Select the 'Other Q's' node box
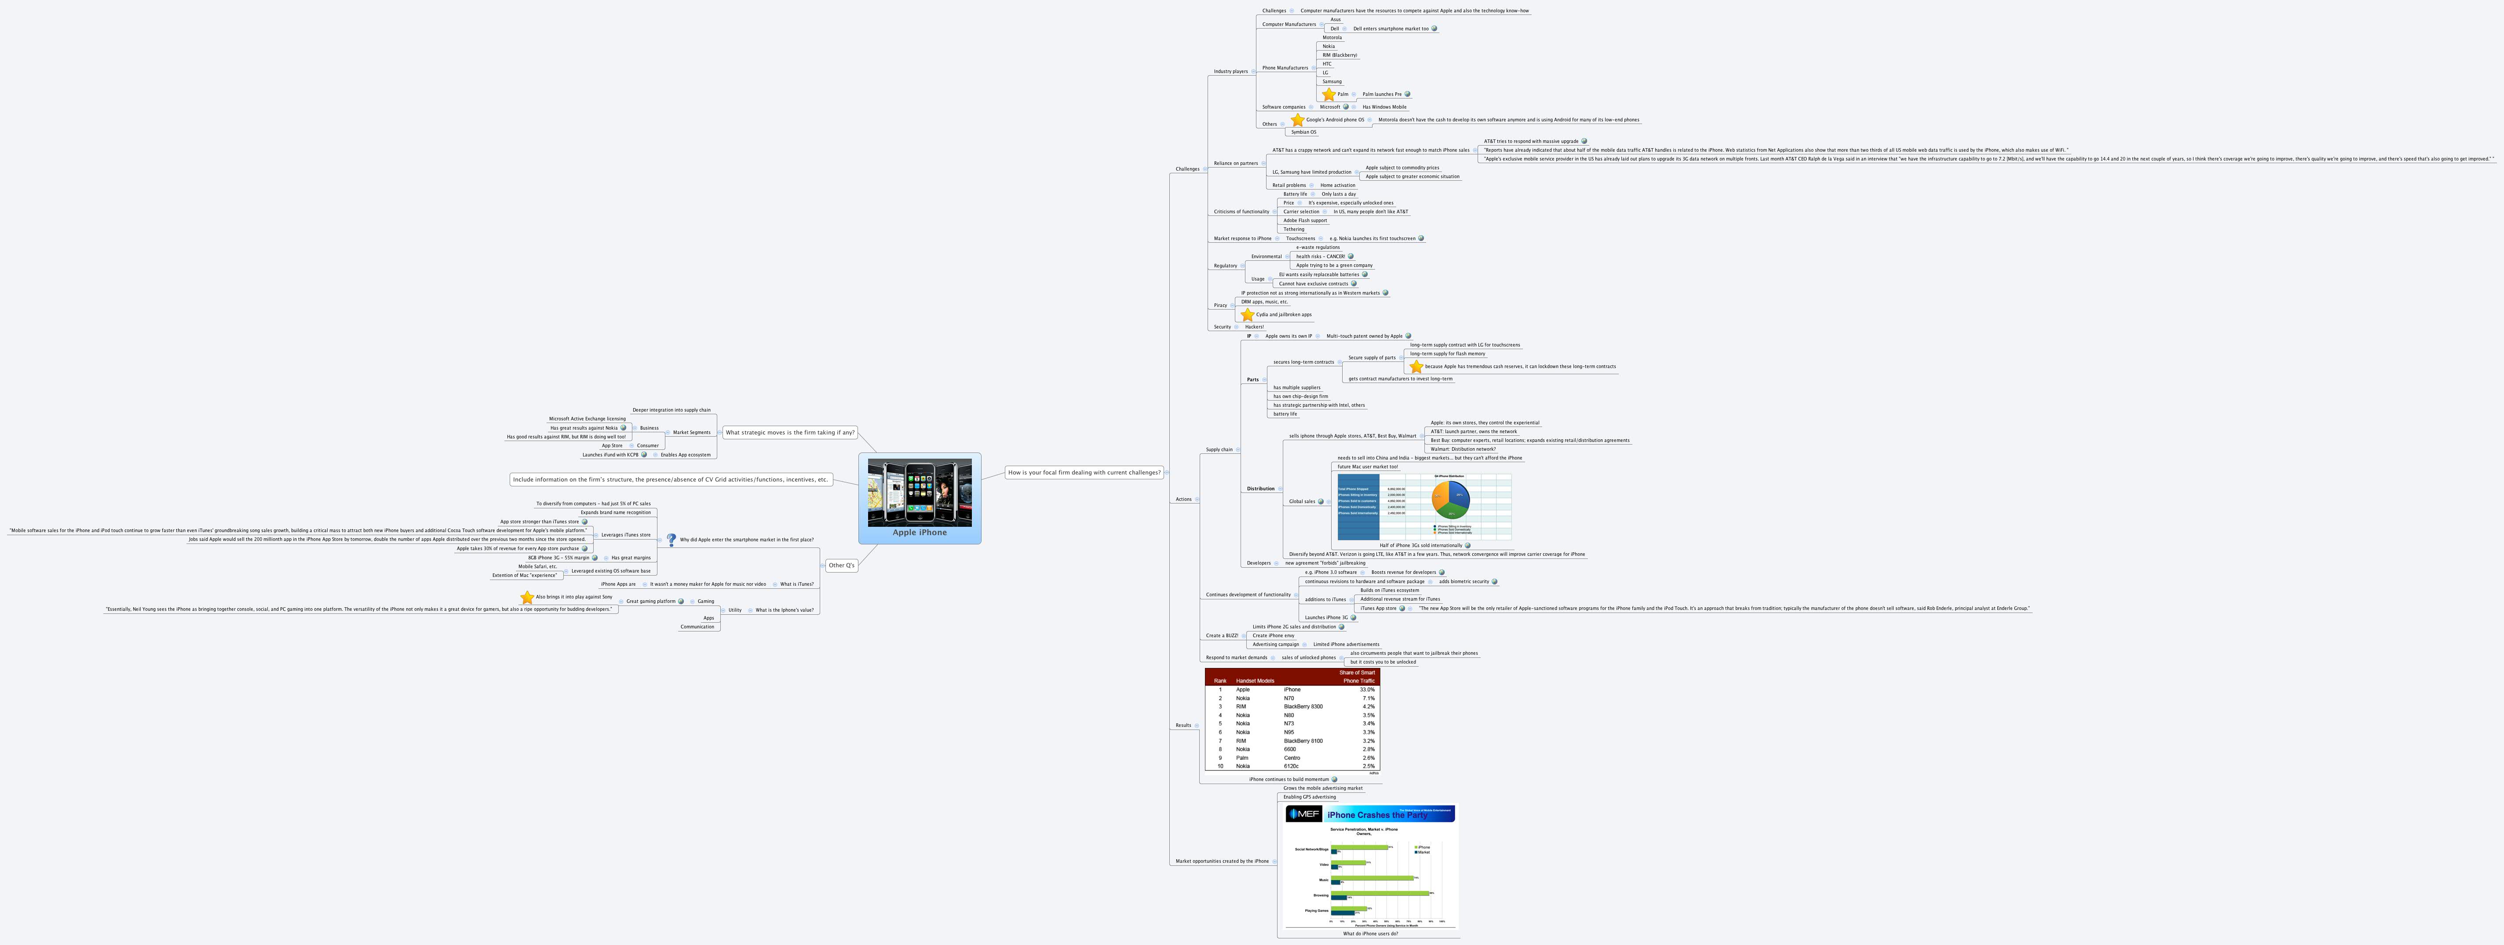tap(841, 565)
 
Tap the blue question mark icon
tap(671, 540)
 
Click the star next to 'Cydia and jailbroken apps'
tap(1247, 315)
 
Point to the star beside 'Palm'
tap(1329, 94)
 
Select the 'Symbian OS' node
tap(1303, 132)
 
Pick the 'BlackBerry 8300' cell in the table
tap(1303, 707)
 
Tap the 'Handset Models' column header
tap(1255, 681)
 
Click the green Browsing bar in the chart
tap(1380, 893)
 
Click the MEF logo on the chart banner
tap(1303, 814)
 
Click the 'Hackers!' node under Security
tap(1254, 327)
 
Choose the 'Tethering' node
tap(1294, 230)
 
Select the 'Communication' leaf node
tap(697, 627)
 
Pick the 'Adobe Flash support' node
tap(1304, 221)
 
